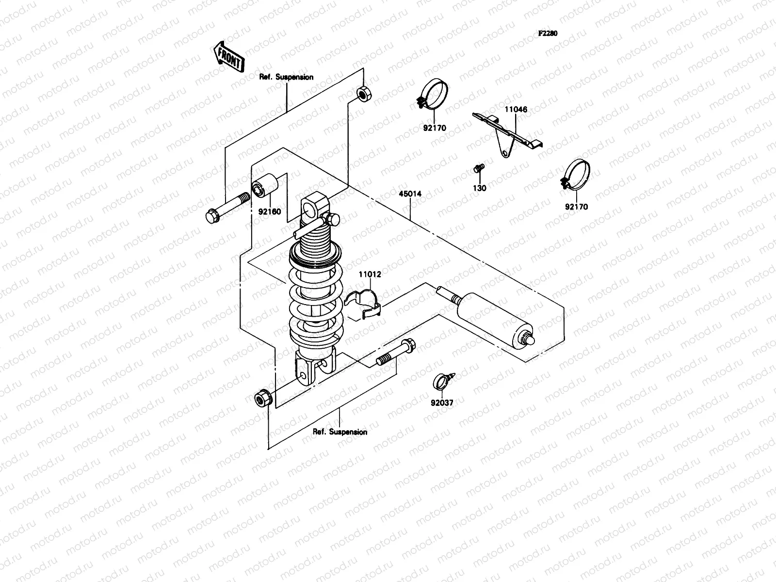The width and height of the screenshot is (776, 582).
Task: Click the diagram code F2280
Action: click(x=548, y=34)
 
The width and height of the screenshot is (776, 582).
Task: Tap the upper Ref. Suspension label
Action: click(x=286, y=77)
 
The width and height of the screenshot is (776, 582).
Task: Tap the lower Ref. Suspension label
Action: click(x=340, y=432)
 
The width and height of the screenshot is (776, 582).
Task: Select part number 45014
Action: click(x=410, y=194)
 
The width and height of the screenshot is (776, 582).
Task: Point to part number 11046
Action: click(x=516, y=110)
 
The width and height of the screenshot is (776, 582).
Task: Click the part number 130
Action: click(x=479, y=188)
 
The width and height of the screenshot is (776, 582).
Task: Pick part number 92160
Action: click(x=269, y=211)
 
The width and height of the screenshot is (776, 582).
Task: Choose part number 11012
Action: click(x=370, y=274)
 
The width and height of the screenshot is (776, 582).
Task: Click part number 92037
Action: click(x=442, y=403)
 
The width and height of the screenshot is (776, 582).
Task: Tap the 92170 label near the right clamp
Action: click(x=576, y=207)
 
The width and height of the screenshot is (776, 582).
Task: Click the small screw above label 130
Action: click(x=478, y=169)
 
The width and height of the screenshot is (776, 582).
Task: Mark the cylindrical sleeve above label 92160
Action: click(x=265, y=186)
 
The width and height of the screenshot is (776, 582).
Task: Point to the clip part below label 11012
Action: click(x=364, y=305)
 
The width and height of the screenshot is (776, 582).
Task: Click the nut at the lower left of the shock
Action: click(x=262, y=398)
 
